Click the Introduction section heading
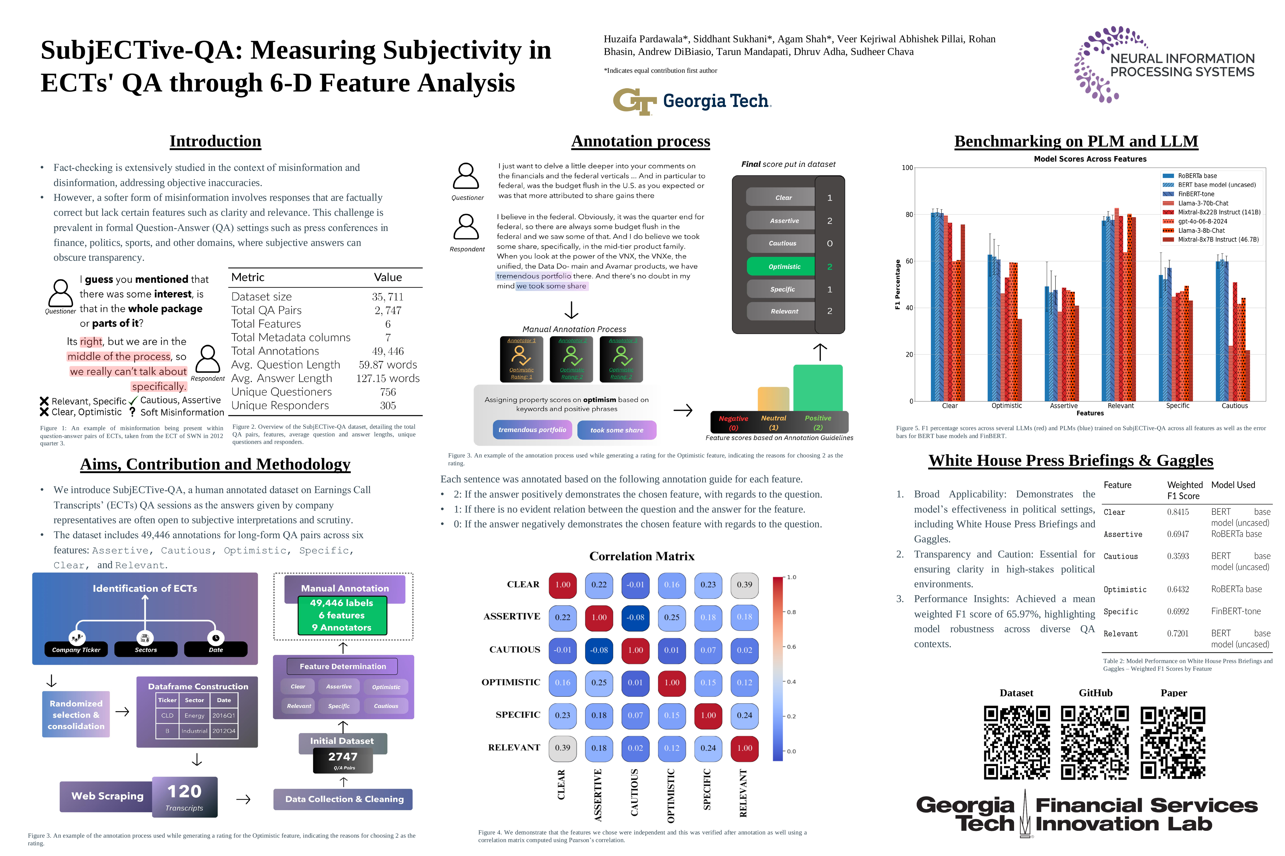pyautogui.click(x=215, y=141)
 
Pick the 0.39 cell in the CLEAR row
pyautogui.click(x=744, y=585)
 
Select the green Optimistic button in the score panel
pyautogui.click(x=784, y=266)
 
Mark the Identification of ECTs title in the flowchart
pyautogui.click(x=145, y=588)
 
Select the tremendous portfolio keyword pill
pyautogui.click(x=532, y=430)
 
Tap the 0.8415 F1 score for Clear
pyautogui.click(x=1177, y=512)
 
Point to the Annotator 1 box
pyautogui.click(x=521, y=359)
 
